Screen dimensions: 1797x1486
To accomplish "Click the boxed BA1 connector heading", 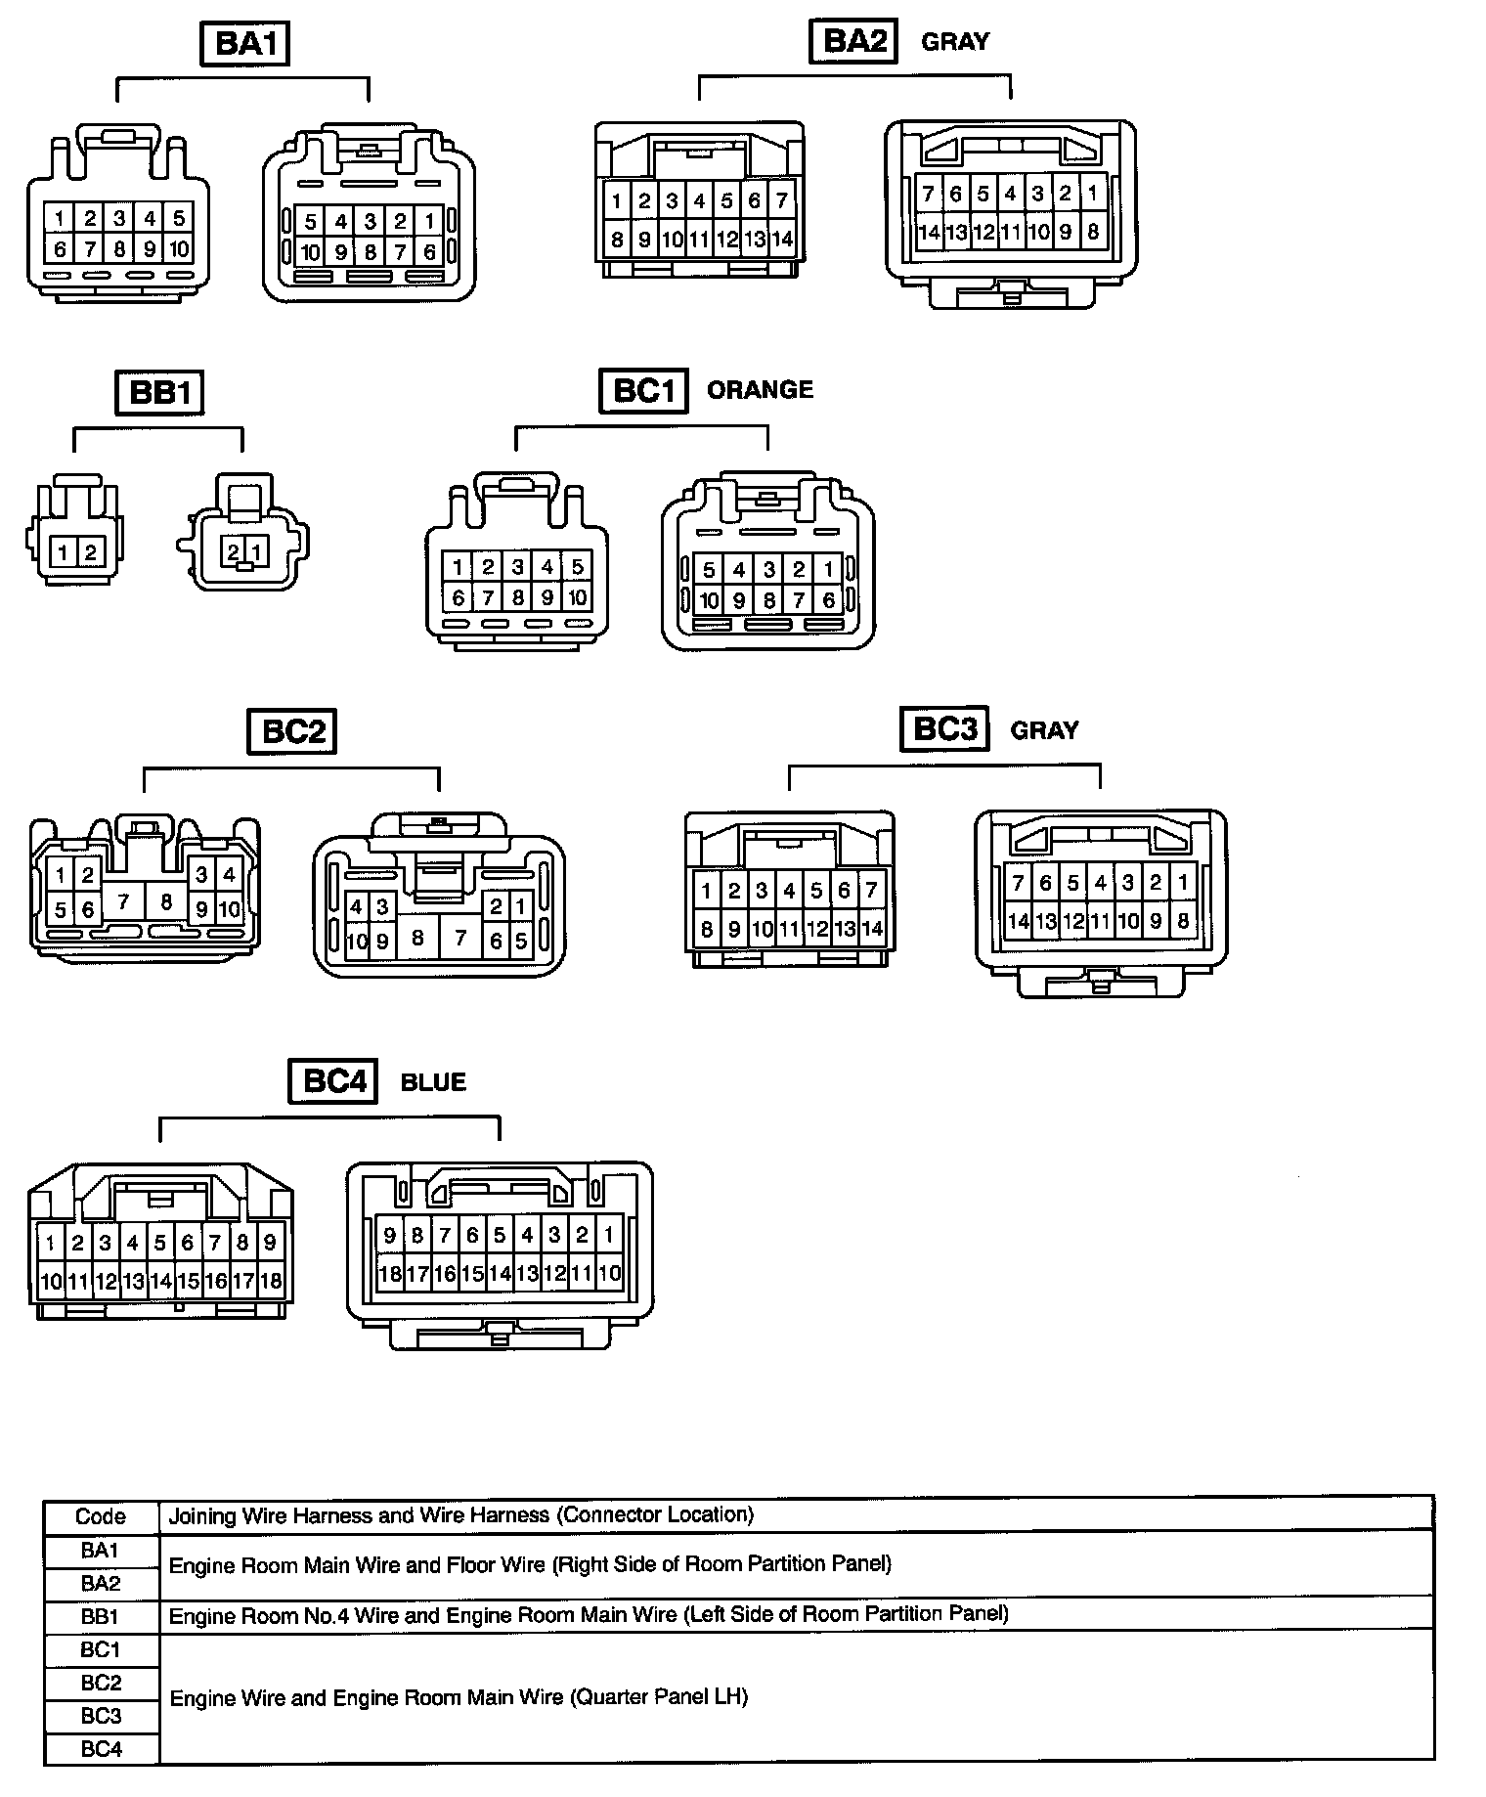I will (x=244, y=45).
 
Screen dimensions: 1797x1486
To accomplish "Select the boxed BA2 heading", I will (x=853, y=42).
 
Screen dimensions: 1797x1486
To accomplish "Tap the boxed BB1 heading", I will (x=160, y=393).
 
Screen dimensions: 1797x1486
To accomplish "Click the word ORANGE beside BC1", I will (x=760, y=390).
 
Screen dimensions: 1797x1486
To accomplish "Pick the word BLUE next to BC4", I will (x=433, y=1082).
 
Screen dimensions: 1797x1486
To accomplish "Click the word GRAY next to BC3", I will (x=1044, y=730).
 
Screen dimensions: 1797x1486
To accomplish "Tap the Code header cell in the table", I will (x=101, y=1516).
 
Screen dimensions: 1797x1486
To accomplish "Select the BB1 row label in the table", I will (x=101, y=1616).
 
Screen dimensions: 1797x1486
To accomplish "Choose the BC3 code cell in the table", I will (x=101, y=1716).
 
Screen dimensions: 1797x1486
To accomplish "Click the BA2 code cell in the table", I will (x=101, y=1583).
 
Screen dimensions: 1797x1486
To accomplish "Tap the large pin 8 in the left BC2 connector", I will (x=165, y=900).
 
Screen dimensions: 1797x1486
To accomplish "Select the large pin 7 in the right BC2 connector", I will (x=459, y=939).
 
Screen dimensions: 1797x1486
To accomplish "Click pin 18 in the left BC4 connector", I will (x=271, y=1280).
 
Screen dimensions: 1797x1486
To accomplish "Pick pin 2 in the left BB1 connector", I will (x=90, y=553).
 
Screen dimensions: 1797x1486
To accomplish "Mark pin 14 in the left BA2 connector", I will (x=782, y=240).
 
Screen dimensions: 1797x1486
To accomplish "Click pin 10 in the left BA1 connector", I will (x=179, y=249).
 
